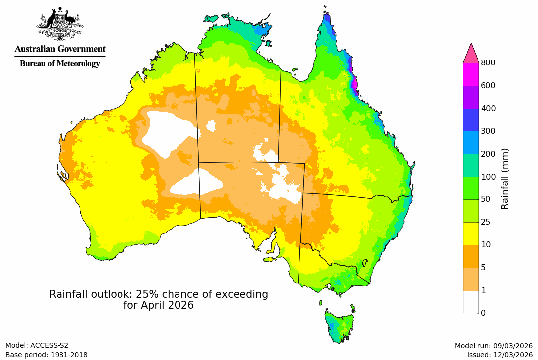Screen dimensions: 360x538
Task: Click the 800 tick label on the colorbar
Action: (x=488, y=62)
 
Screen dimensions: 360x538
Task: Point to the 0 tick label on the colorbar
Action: (x=483, y=313)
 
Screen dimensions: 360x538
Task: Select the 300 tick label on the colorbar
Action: (x=488, y=131)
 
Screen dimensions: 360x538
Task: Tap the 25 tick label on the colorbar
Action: (x=485, y=222)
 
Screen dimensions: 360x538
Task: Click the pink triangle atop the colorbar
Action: (x=471, y=53)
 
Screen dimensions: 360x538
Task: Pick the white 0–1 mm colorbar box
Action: (x=471, y=301)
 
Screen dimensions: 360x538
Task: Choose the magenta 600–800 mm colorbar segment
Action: (x=471, y=74)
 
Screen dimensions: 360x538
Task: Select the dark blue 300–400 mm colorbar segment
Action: (x=471, y=120)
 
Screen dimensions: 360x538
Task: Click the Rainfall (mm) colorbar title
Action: (x=505, y=179)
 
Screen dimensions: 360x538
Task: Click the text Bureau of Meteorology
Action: (x=60, y=63)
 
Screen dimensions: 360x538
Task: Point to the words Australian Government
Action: (x=60, y=49)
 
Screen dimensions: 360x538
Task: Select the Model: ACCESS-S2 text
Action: (x=37, y=345)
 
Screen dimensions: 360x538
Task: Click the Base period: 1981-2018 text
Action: (x=47, y=355)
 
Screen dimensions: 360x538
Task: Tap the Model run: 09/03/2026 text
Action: (x=493, y=345)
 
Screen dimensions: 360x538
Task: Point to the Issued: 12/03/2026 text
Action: (x=499, y=355)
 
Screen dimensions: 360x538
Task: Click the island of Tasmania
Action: (x=340, y=325)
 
